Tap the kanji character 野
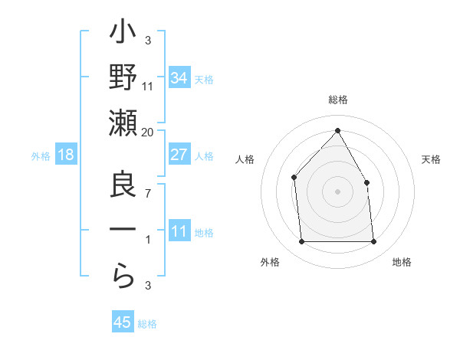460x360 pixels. point(123,80)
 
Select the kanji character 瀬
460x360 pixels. point(123,125)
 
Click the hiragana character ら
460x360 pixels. point(123,275)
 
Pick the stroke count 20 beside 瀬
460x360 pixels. point(148,132)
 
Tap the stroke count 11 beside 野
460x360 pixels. point(148,86)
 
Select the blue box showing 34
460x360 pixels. point(179,77)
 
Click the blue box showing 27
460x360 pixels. point(179,154)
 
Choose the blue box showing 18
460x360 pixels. point(66,155)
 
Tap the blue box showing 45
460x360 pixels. point(123,322)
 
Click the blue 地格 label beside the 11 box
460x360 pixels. point(204,232)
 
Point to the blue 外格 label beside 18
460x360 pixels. point(41,156)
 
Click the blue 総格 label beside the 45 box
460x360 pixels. point(147,324)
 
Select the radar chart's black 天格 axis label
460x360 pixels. point(432,159)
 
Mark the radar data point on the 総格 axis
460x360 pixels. point(337,130)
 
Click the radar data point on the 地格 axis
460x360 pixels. point(373,242)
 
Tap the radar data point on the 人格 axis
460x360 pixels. point(294,178)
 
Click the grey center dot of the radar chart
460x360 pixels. point(337,191)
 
